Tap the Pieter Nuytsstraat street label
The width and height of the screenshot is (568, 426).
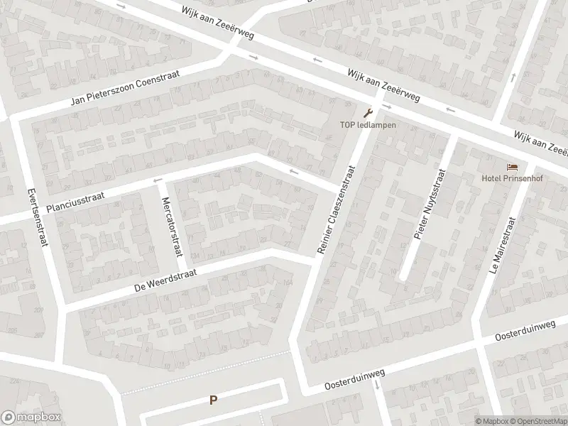[427, 202]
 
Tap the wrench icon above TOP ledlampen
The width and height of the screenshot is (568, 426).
[367, 112]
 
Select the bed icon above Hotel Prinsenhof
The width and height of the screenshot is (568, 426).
[513, 167]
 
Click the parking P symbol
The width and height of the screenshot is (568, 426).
[213, 400]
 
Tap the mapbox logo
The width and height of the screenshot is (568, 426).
[31, 417]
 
